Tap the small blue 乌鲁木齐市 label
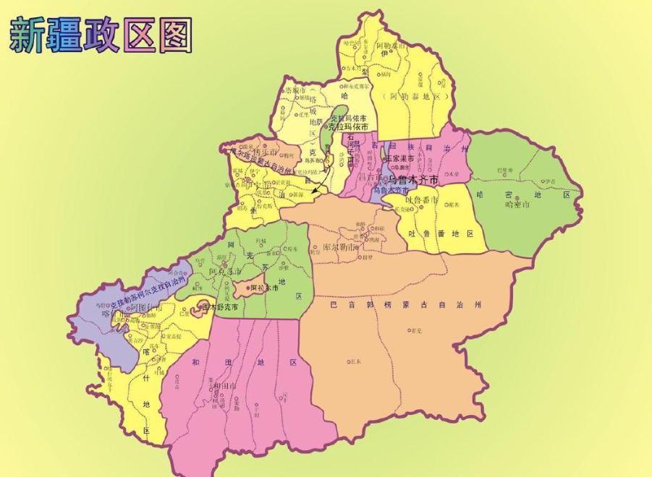(x=391, y=191)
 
